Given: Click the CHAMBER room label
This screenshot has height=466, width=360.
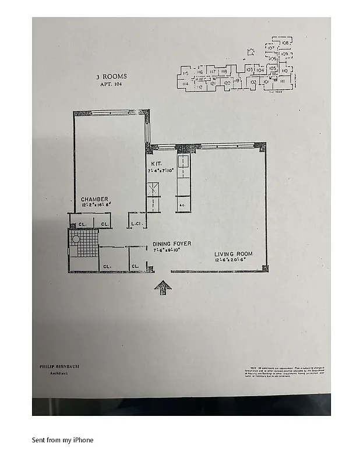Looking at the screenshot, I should pyautogui.click(x=94, y=199).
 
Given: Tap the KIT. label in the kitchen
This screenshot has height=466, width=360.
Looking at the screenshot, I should pyautogui.click(x=155, y=164).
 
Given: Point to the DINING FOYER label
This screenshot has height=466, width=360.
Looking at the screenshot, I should pyautogui.click(x=172, y=243).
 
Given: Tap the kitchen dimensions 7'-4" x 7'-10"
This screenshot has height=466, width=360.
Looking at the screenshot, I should pyautogui.click(x=161, y=171).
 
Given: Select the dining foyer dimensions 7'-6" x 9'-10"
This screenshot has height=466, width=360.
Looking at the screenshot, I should pyautogui.click(x=167, y=250).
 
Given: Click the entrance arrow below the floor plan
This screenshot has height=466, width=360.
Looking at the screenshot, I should pyautogui.click(x=163, y=286).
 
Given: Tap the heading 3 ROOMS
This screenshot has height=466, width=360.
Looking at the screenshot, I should pyautogui.click(x=111, y=76).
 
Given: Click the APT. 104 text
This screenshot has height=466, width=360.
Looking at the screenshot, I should pyautogui.click(x=111, y=84).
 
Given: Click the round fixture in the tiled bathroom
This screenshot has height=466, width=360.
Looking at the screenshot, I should pyautogui.click(x=76, y=239).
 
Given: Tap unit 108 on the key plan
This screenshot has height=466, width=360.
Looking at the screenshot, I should pyautogui.click(x=285, y=43).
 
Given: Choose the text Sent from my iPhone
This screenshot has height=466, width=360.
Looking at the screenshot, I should pyautogui.click(x=62, y=440).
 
